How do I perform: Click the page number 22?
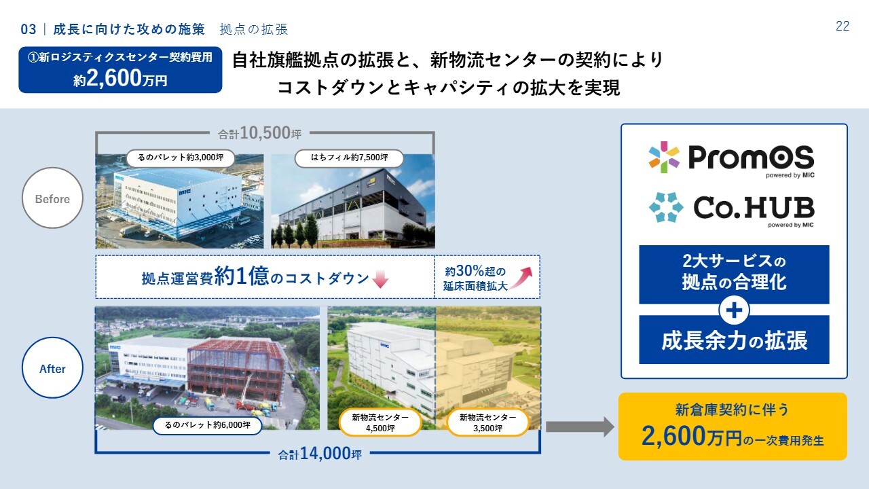(x=843, y=26)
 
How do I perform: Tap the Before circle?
(x=52, y=198)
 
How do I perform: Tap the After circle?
(x=52, y=367)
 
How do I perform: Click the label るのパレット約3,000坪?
(x=181, y=158)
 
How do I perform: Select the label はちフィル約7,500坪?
(x=349, y=158)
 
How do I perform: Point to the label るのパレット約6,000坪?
(x=208, y=425)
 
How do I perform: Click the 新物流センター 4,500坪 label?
(x=380, y=423)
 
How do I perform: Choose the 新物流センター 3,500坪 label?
(x=487, y=423)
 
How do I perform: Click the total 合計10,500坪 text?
(x=259, y=133)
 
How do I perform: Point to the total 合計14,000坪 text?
(x=320, y=453)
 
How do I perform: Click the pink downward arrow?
(x=380, y=279)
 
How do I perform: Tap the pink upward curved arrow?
(x=521, y=278)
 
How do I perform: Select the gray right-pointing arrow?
(x=580, y=427)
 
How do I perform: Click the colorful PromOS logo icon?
(x=664, y=157)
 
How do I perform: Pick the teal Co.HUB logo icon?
(x=666, y=207)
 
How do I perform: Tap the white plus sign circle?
(x=734, y=310)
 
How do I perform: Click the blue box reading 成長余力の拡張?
(x=734, y=340)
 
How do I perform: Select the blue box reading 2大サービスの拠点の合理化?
(x=734, y=274)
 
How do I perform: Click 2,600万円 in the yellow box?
(x=692, y=436)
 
